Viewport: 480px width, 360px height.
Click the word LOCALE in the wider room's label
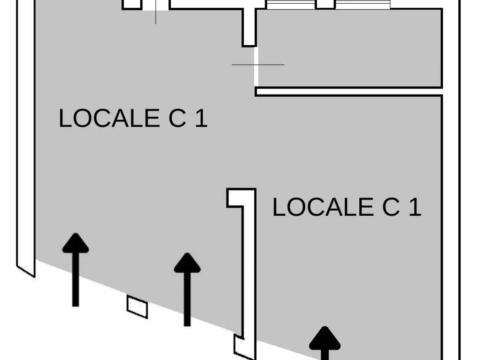pos(109,118)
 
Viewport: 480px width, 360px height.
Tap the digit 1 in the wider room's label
pos(201,118)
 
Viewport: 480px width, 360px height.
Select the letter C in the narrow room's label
pos(391,207)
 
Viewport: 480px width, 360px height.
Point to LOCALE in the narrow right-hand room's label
pos(323,207)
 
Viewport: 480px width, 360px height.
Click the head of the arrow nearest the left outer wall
pos(75,243)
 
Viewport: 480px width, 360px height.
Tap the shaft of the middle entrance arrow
pos(187,299)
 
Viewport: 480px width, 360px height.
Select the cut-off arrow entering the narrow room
pos(325,343)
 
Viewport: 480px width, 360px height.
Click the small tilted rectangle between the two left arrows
pos(137,307)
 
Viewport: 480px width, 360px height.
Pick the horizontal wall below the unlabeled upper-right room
pos(349,91)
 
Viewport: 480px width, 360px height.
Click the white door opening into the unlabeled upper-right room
pos(256,67)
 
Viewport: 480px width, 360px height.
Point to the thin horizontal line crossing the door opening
pos(258,65)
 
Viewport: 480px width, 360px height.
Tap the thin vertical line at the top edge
pos(156,12)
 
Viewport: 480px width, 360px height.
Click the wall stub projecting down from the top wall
pos(249,27)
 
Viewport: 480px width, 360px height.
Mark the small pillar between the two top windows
pos(325,4)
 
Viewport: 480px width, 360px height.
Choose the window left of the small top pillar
pos(291,4)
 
